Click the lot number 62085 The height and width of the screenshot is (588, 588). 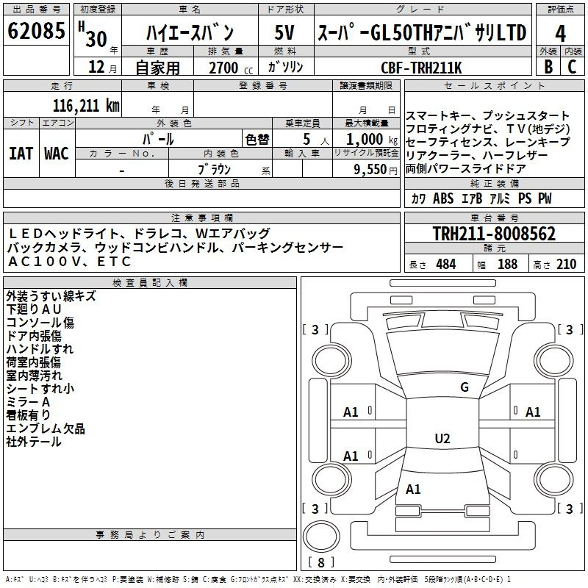(36, 30)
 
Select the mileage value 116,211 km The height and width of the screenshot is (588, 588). (86, 106)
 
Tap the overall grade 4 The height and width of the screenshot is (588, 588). (560, 34)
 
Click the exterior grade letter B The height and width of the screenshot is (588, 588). (548, 67)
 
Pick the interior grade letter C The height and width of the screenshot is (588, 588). (572, 67)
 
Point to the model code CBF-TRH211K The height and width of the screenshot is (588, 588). (421, 68)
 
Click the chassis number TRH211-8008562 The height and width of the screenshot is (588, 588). (494, 234)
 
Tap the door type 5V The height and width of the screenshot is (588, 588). (284, 32)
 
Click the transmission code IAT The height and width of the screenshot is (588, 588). (21, 154)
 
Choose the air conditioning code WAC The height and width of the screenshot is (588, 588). (57, 154)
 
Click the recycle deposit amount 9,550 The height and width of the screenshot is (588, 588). (370, 170)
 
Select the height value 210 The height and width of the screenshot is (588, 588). (566, 264)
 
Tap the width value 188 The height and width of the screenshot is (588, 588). (507, 264)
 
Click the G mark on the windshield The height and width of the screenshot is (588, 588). (465, 387)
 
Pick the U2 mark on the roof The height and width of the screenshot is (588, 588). (442, 438)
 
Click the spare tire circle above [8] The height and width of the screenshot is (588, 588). (321, 537)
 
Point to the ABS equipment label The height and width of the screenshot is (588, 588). (443, 198)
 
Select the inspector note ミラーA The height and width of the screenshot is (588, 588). (28, 402)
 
